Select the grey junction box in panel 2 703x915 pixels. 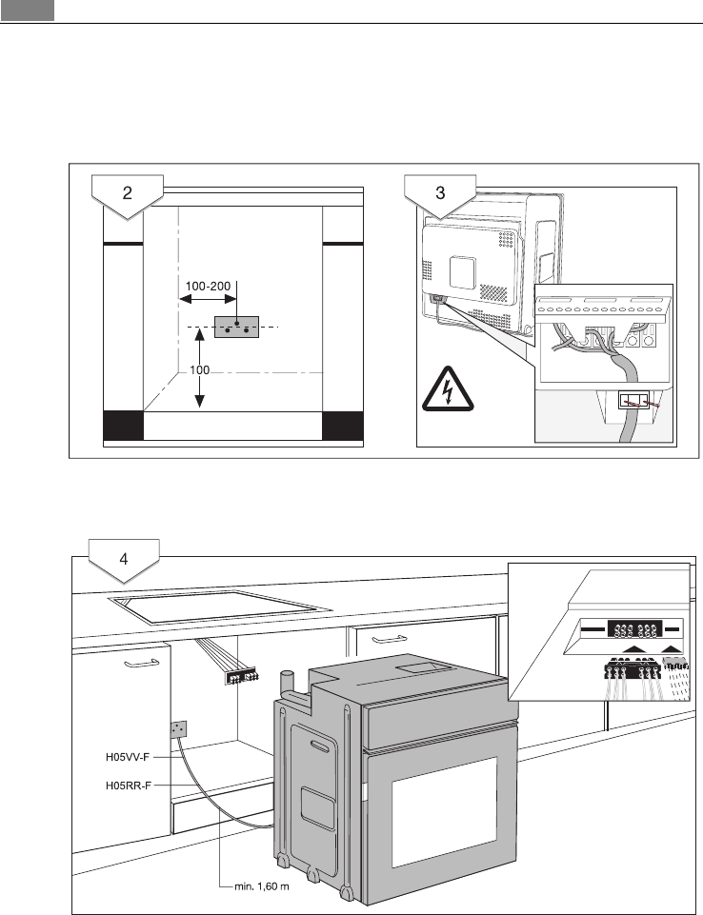pos(237,328)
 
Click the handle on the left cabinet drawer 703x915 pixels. pos(139,658)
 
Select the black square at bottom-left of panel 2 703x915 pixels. pos(123,426)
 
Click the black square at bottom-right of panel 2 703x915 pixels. pos(343,426)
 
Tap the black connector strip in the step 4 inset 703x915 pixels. pos(626,629)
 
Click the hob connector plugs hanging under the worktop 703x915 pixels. pos(239,677)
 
